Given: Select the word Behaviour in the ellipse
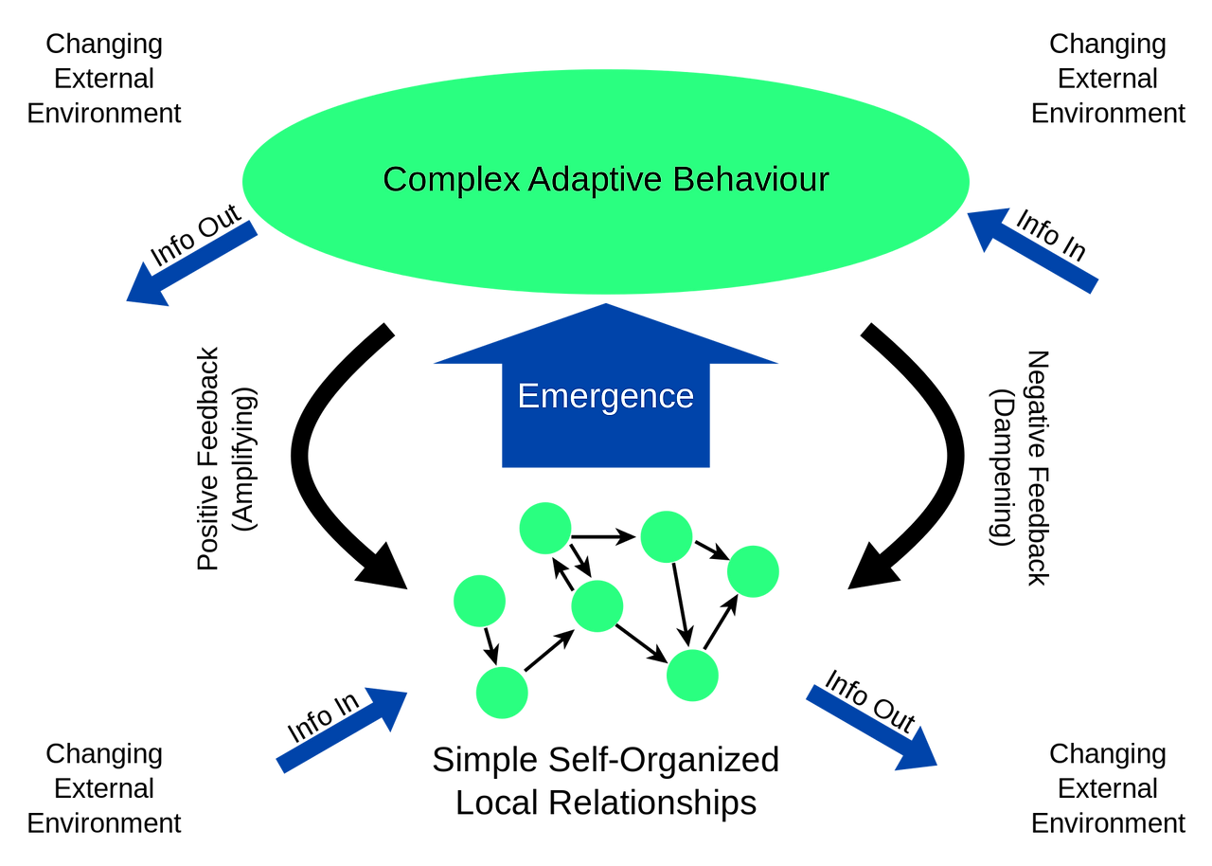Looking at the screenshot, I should point(751,179).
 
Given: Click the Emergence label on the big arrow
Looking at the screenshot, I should point(606,396).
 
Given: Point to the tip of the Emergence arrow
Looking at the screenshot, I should point(606,304).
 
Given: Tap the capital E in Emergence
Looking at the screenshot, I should point(527,396).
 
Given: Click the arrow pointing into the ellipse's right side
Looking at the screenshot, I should point(1032,252).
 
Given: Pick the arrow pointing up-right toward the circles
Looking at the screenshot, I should point(341,730).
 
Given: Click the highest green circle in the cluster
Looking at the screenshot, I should point(545,528).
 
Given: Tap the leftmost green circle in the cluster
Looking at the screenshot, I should point(479,601).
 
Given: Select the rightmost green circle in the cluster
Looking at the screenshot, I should point(753,571).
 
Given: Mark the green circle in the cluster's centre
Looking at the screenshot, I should point(597,605).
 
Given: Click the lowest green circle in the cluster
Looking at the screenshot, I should point(502,693).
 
